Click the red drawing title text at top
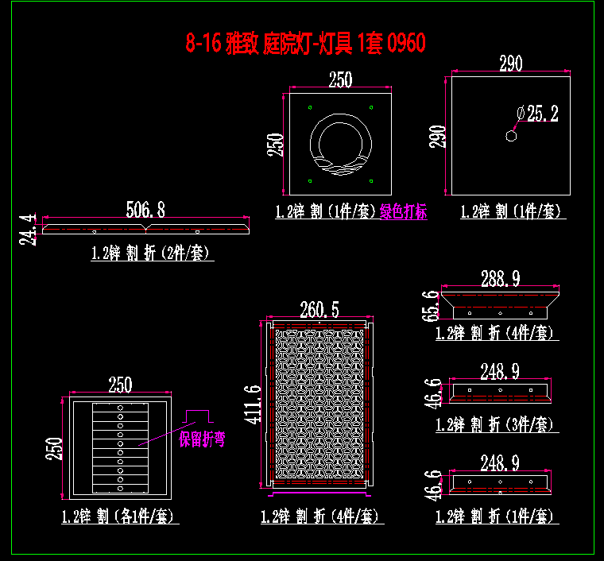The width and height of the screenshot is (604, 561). pos(305,44)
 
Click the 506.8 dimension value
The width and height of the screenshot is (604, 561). pos(145,210)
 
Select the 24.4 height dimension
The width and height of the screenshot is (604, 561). pos(29,229)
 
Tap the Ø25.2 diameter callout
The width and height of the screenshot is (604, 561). pos(537,114)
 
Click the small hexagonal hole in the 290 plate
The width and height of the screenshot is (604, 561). pos(512,136)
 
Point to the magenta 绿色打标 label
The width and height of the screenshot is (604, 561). pos(403,213)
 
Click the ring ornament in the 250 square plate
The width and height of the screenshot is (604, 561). pos(339,143)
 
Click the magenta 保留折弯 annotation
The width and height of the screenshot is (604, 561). pos(202,439)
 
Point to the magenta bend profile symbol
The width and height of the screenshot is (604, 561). pos(196,416)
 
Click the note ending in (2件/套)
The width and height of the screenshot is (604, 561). pos(153,253)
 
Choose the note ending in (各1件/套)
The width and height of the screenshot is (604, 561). pos(120,517)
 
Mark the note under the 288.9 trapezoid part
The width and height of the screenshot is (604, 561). pos(494,333)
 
